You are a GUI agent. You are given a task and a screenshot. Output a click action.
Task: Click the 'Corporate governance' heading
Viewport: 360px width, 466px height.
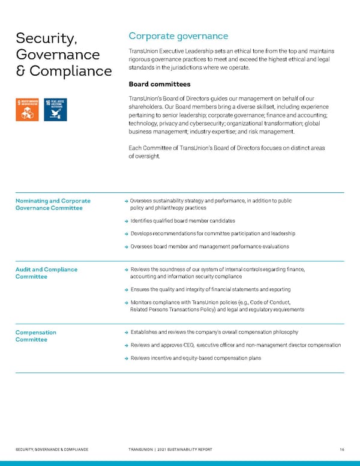178,36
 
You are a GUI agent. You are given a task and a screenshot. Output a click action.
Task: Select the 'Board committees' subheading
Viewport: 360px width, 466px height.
160,84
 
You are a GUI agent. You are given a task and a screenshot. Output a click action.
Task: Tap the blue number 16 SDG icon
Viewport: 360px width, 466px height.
55,110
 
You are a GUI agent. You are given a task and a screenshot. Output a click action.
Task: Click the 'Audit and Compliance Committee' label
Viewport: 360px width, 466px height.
46,273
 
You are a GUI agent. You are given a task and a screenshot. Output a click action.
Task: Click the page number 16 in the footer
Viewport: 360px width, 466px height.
341,449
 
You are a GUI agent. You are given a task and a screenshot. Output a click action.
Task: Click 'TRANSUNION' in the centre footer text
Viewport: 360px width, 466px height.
142,449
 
